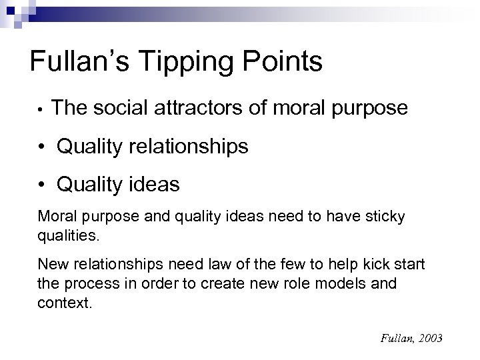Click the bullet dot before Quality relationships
(44, 147)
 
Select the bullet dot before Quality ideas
(44, 185)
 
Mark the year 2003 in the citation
(429, 339)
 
